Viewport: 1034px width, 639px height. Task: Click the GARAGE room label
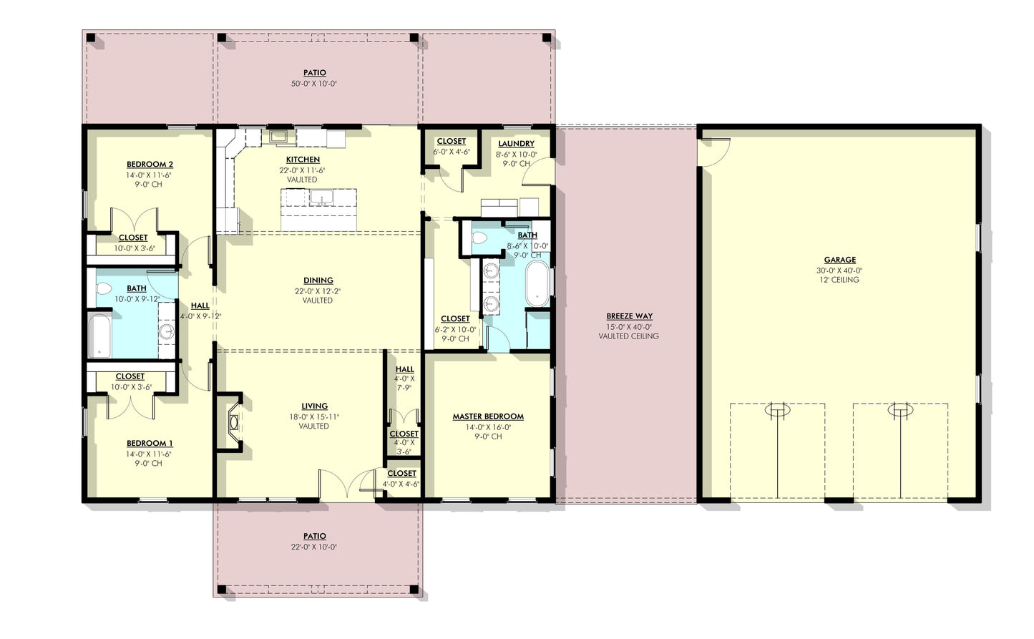coord(839,260)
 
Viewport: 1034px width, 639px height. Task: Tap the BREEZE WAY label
coord(629,316)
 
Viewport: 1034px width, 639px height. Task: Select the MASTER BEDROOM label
coord(488,416)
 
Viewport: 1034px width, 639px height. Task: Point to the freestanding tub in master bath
coord(537,284)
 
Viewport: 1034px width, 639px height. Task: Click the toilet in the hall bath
coord(103,289)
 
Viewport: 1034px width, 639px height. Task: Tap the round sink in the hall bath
coord(167,331)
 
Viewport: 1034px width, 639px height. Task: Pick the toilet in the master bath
coord(479,238)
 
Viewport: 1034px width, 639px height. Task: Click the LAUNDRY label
coord(516,144)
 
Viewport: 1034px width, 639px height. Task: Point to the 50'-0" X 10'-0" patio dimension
coord(314,84)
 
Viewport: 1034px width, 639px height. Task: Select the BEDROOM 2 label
coord(150,165)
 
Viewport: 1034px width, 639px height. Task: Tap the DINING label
coord(318,281)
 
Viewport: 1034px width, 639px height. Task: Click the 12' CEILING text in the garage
coord(839,280)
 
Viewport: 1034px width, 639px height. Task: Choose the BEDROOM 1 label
coord(150,444)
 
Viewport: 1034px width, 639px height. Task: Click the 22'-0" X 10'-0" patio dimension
coord(314,547)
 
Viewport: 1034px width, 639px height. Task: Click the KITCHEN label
coord(303,160)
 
